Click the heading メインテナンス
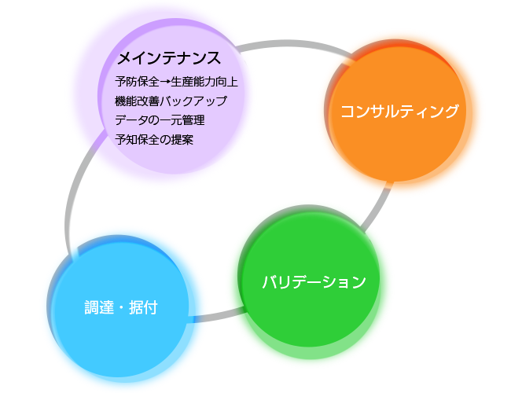tap(169, 58)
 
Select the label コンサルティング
tap(399, 111)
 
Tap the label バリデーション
tap(314, 282)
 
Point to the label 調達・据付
tap(121, 307)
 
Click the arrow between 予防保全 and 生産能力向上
tap(165, 82)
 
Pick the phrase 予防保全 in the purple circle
tap(138, 82)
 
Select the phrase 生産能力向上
tap(204, 82)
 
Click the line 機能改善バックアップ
tap(171, 101)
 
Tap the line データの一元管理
tap(160, 120)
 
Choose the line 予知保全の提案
tap(154, 139)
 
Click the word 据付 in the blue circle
tap(143, 307)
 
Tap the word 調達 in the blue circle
tap(99, 307)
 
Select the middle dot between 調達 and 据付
tap(121, 307)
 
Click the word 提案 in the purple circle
tap(182, 139)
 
